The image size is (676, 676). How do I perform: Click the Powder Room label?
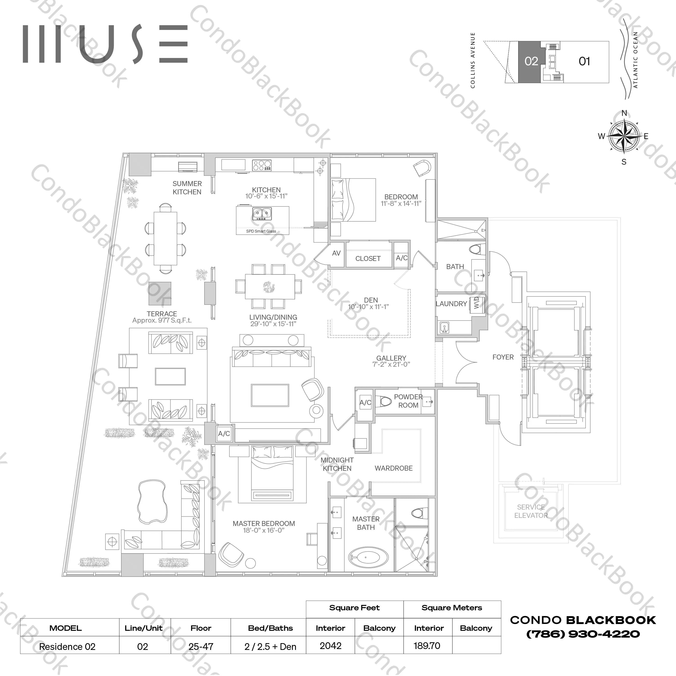pyautogui.click(x=408, y=401)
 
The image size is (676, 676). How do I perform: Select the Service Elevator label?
pyautogui.click(x=531, y=511)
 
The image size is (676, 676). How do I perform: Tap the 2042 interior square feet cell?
pyautogui.click(x=330, y=646)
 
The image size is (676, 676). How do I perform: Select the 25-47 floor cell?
pyautogui.click(x=201, y=646)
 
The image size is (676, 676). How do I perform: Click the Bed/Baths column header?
pyautogui.click(x=270, y=628)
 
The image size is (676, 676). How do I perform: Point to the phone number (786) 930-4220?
pyautogui.click(x=583, y=634)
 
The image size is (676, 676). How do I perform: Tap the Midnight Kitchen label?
pyautogui.click(x=337, y=464)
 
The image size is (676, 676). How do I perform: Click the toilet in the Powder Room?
pyautogui.click(x=385, y=401)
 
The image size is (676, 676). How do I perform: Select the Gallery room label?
pyautogui.click(x=391, y=358)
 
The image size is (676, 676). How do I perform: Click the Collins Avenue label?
pyautogui.click(x=473, y=60)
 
